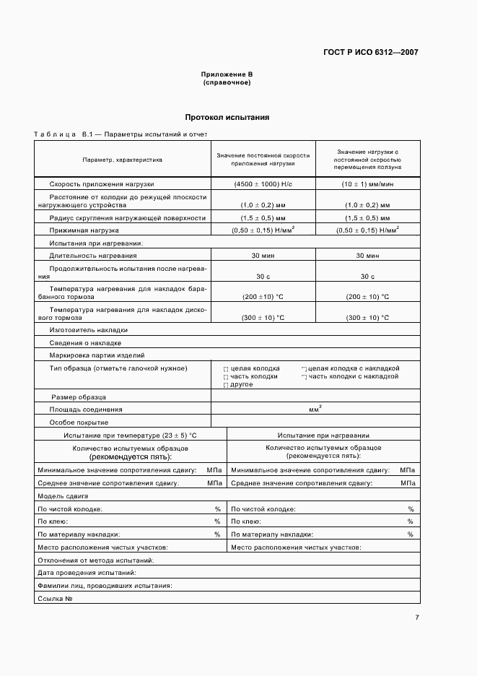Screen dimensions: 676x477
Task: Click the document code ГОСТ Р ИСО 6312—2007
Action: click(372, 52)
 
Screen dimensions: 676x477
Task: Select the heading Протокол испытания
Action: click(227, 117)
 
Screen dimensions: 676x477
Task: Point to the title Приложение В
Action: click(227, 74)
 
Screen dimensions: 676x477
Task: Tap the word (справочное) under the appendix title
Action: click(227, 82)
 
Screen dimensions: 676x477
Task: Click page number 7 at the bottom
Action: click(417, 617)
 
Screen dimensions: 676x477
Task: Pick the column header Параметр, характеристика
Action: click(122, 159)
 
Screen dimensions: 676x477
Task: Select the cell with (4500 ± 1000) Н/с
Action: click(263, 184)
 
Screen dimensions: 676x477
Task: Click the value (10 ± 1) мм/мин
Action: click(367, 184)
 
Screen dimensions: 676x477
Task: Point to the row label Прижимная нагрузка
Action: click(82, 230)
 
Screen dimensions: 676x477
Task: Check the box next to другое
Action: click(226, 386)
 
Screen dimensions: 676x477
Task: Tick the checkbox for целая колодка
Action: click(226, 369)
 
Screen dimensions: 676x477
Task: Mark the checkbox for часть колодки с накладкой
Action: click(305, 377)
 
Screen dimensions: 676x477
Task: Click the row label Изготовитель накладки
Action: click(79, 329)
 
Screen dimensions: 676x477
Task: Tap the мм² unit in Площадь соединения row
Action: click(315, 409)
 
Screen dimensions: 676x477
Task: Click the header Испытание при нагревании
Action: click(323, 435)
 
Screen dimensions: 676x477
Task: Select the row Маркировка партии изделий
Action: click(97, 355)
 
